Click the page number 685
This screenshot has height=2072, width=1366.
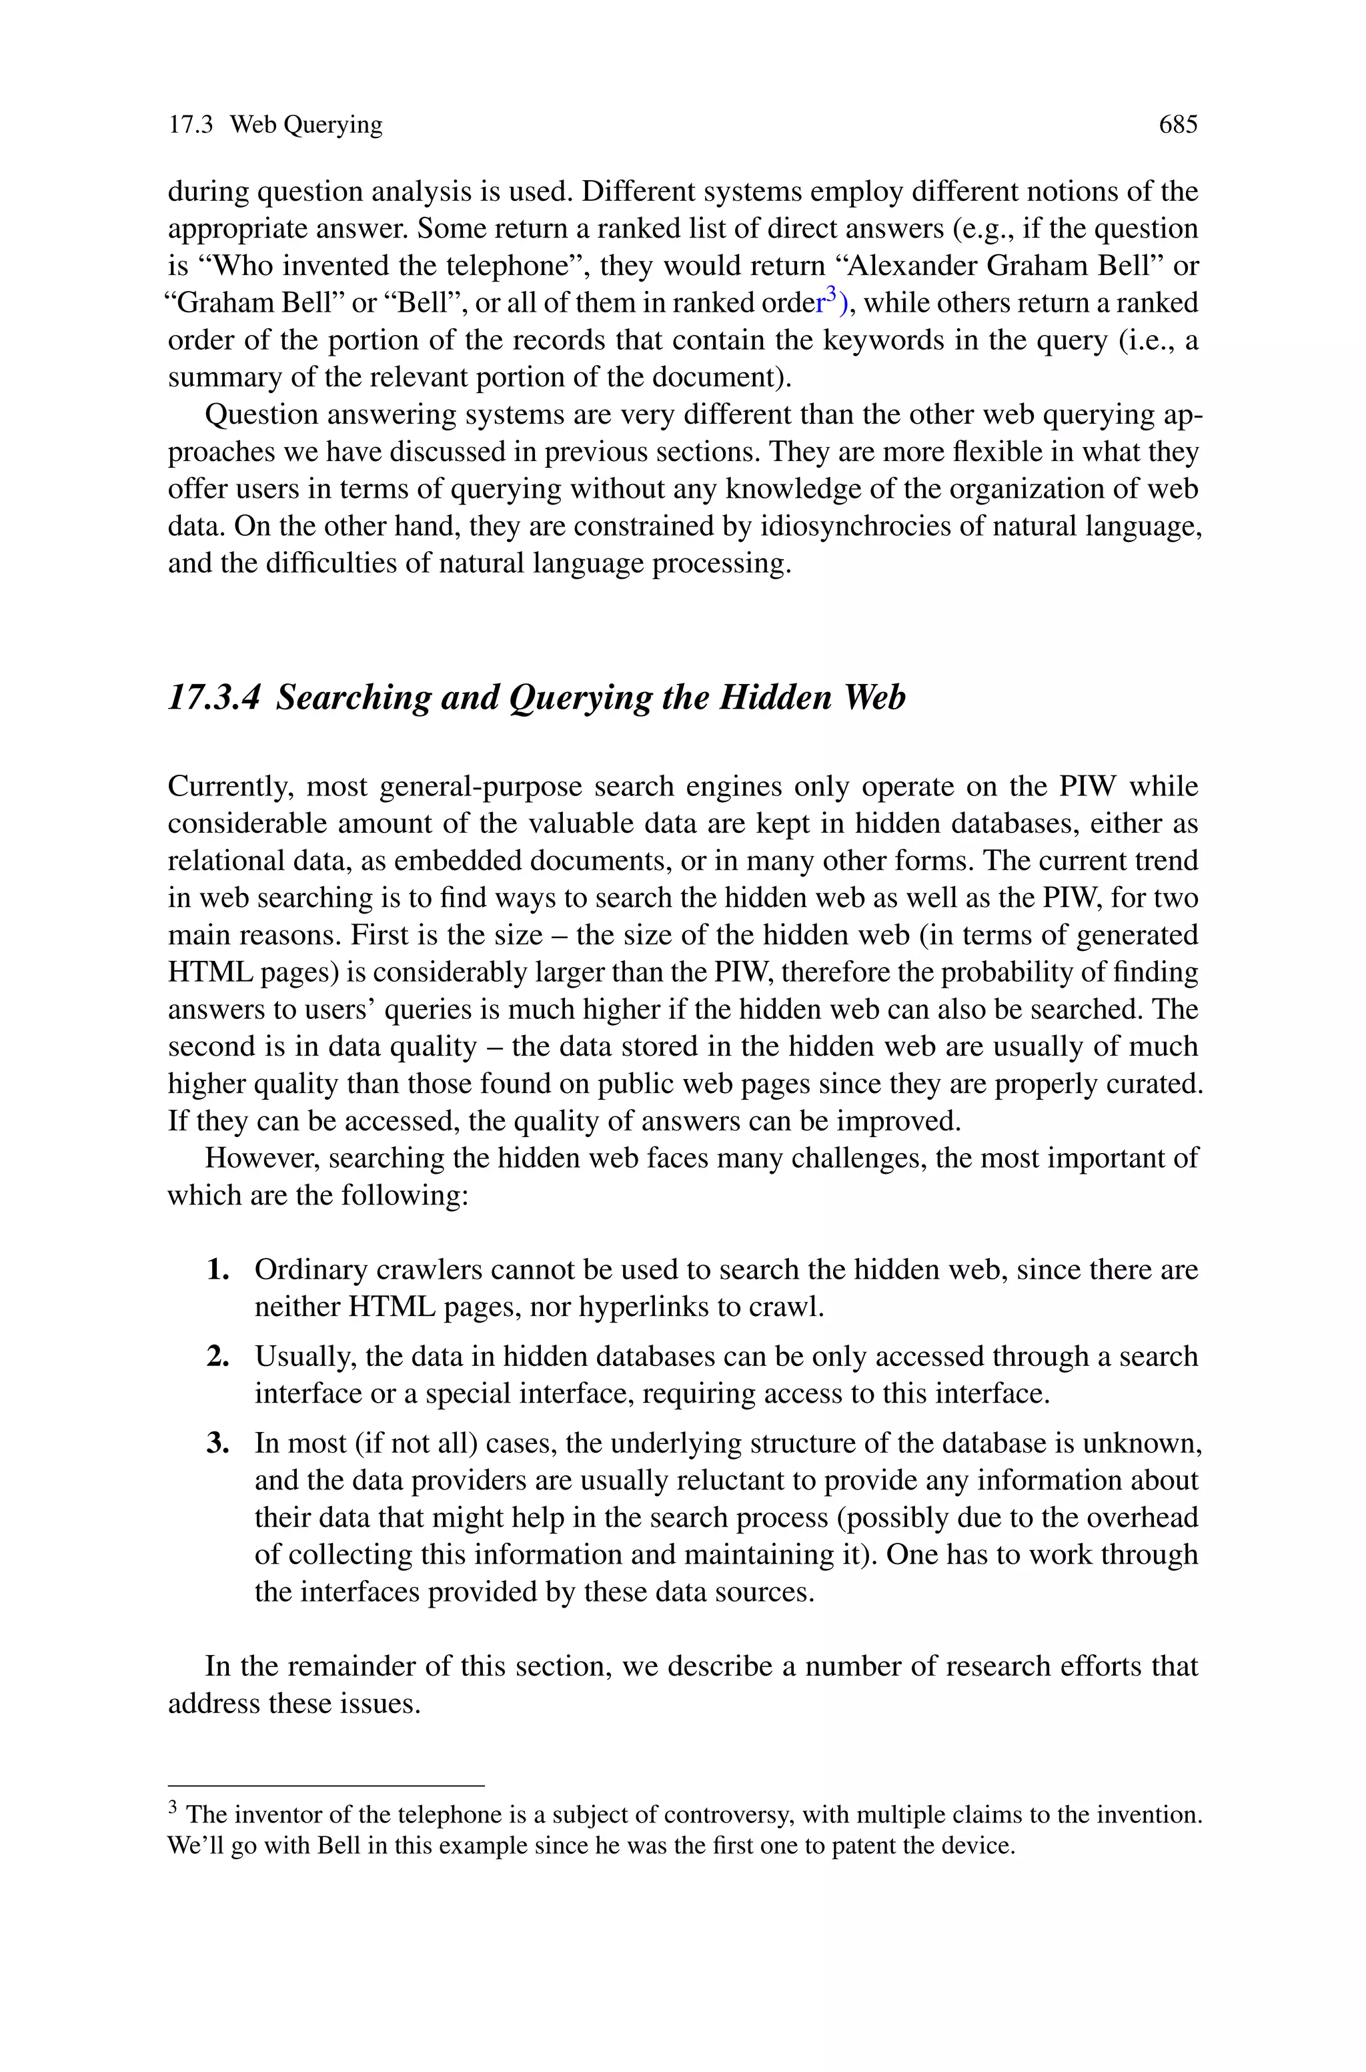[x=1178, y=125]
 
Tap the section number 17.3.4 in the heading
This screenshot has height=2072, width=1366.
[x=214, y=697]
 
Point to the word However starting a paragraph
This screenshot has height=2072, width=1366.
[x=262, y=1158]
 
